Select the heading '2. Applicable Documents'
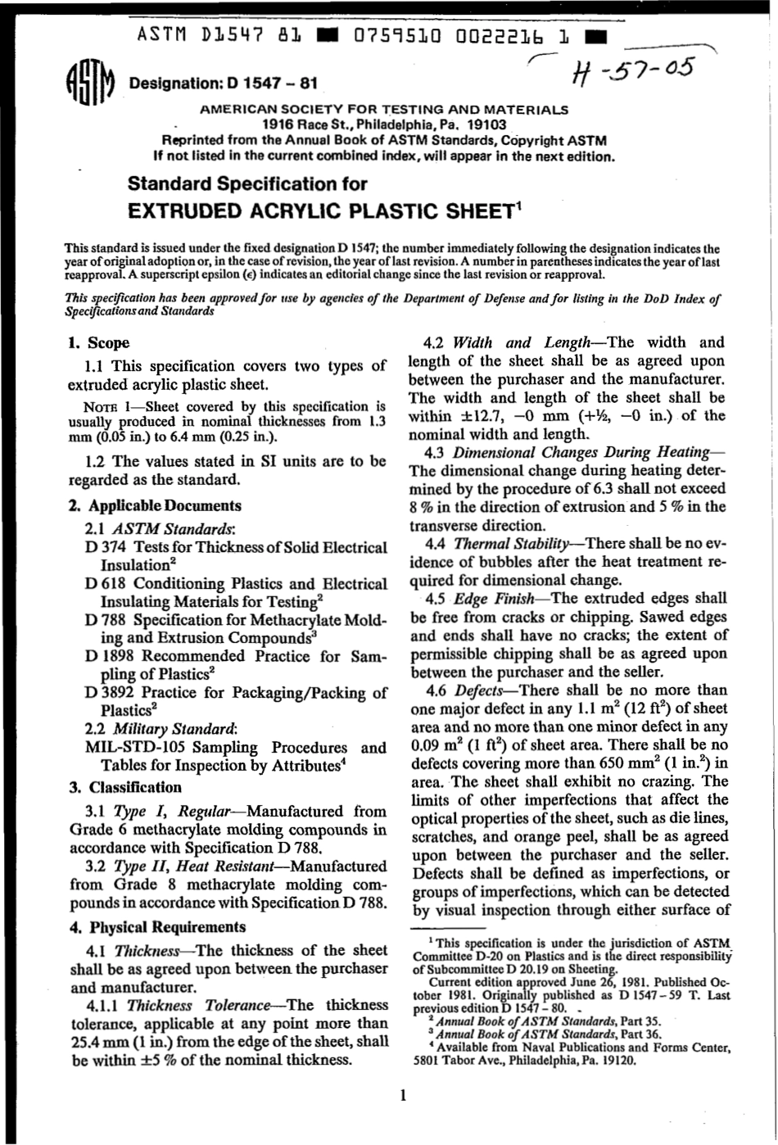(155, 505)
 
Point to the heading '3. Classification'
(125, 787)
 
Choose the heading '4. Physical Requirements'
(156, 926)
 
